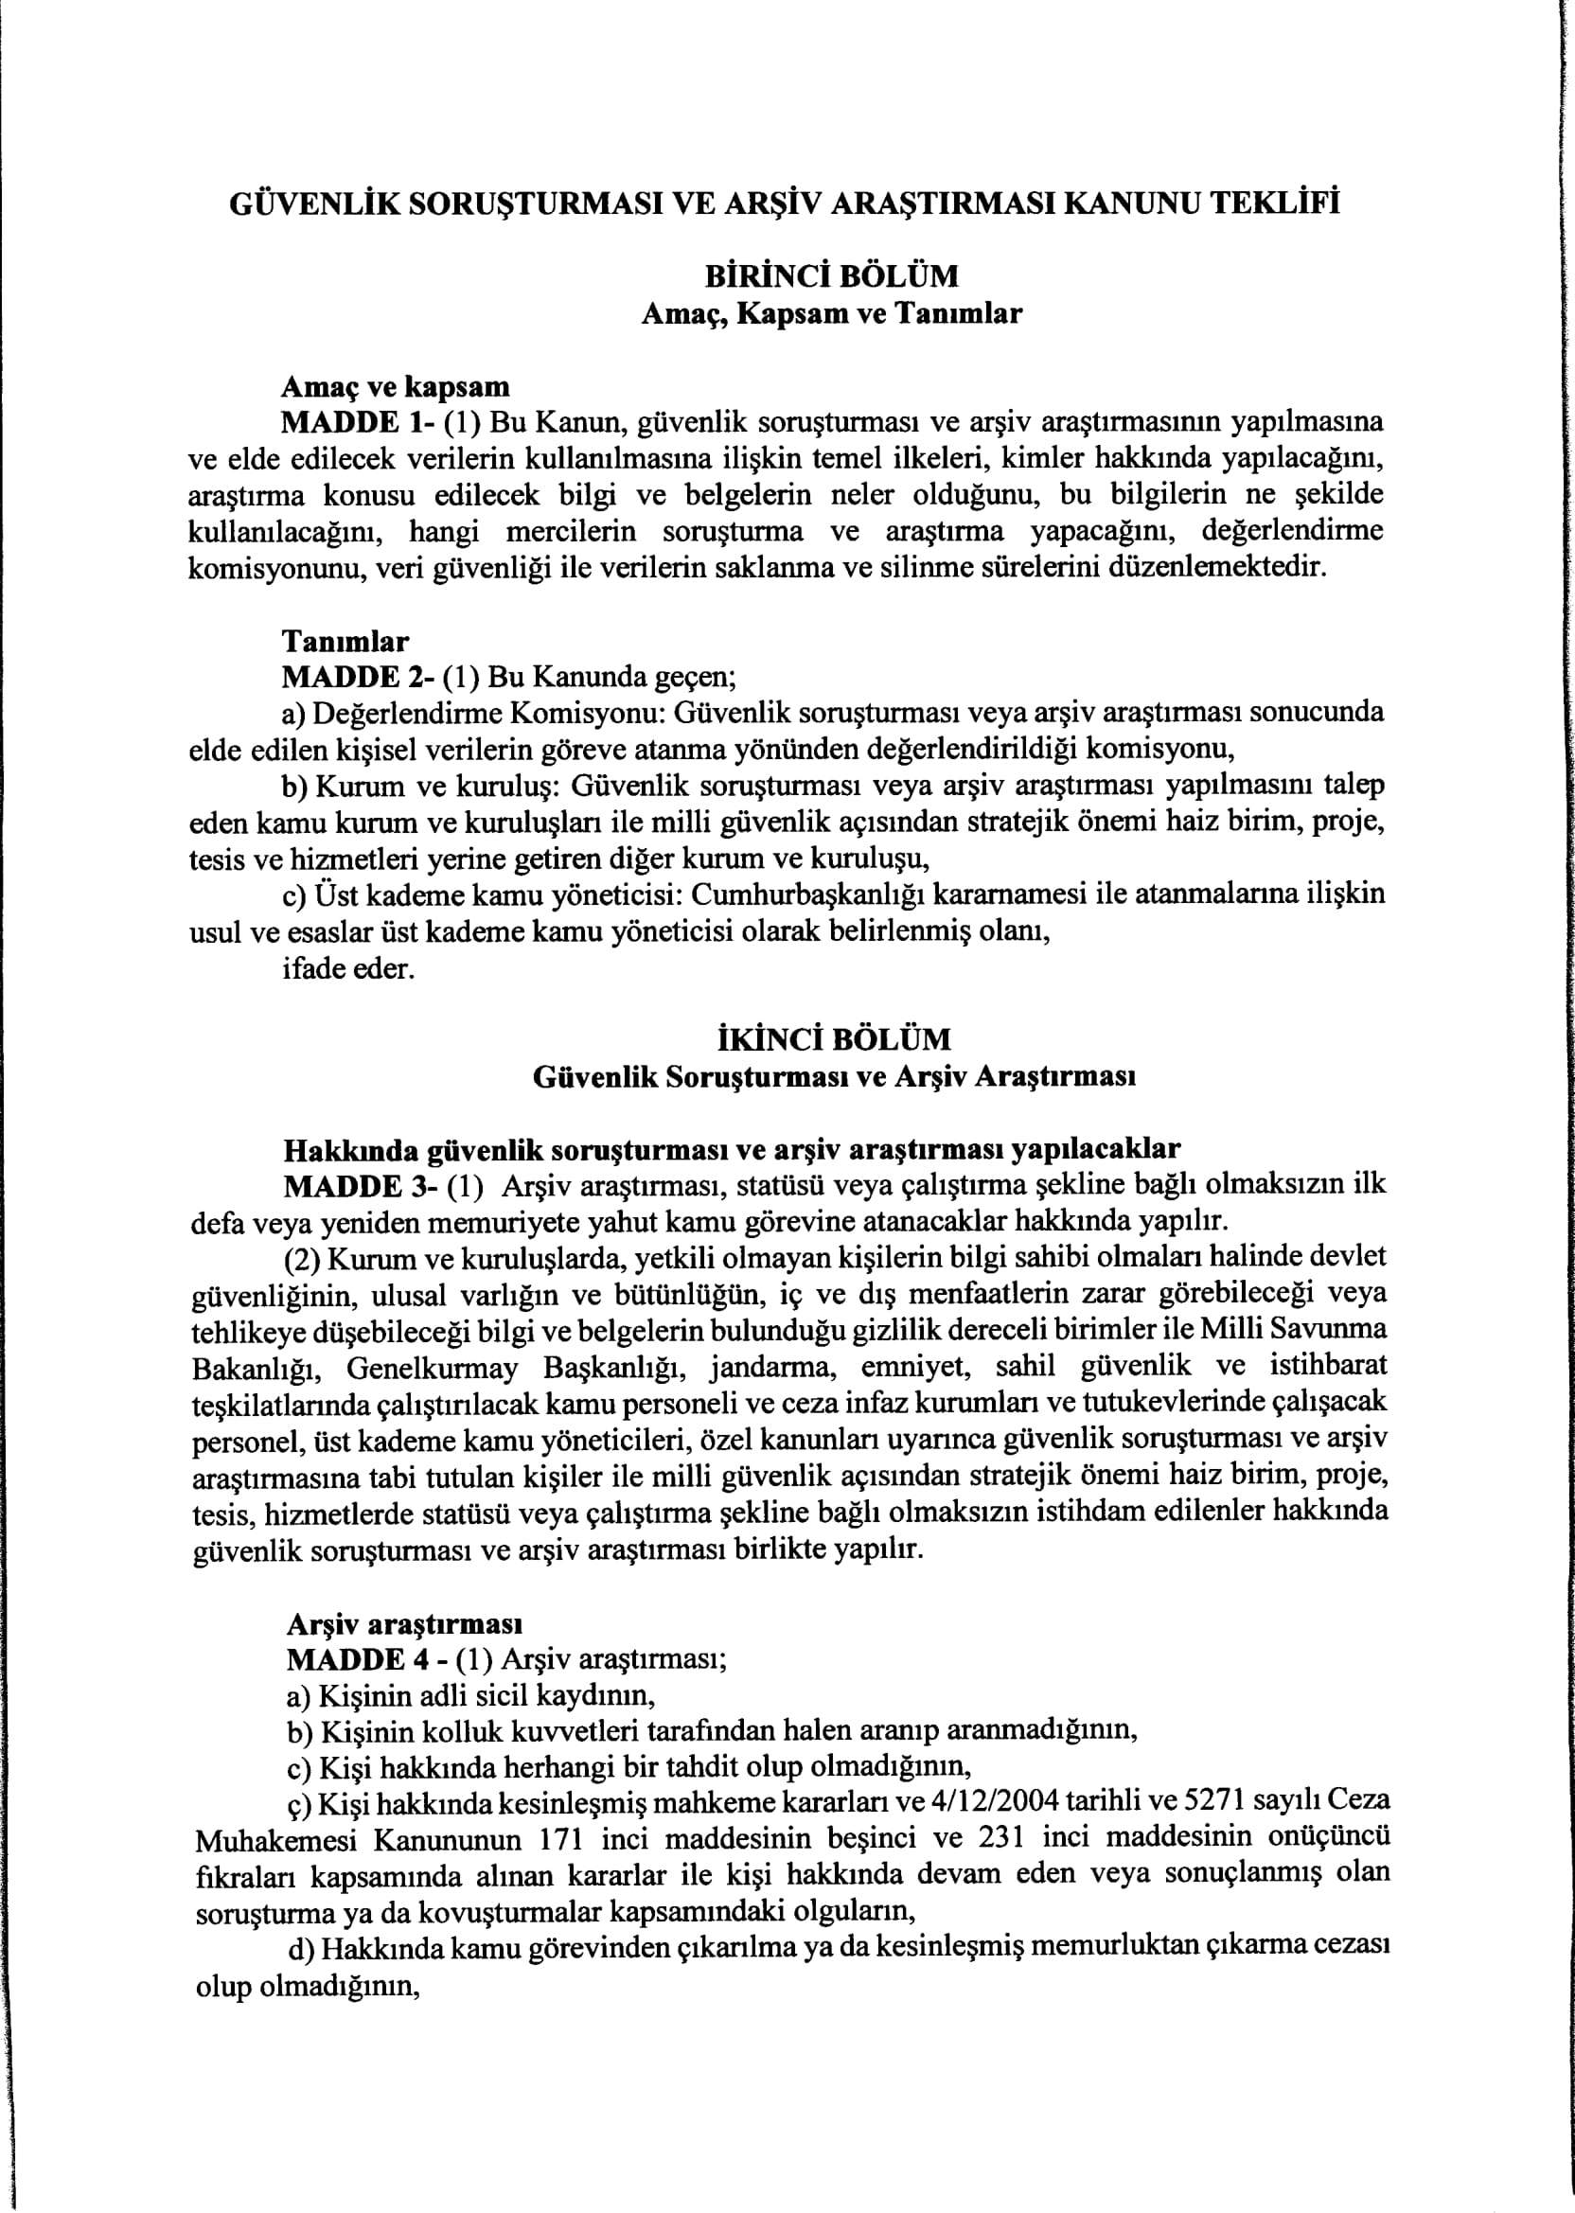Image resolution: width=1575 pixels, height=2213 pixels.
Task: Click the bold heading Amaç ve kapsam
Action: pyautogui.click(x=395, y=387)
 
